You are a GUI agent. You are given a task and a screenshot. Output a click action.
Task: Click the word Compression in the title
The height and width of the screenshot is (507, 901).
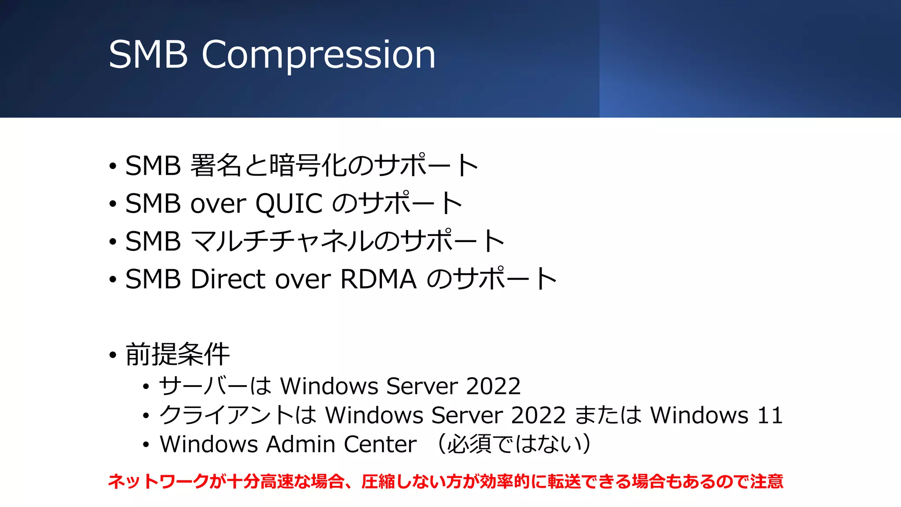click(x=319, y=55)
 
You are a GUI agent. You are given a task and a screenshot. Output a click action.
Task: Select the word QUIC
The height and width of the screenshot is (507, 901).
click(x=289, y=203)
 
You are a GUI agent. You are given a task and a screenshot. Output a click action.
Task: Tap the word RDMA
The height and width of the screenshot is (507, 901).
click(x=378, y=279)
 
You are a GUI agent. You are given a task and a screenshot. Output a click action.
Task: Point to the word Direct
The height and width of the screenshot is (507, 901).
click(x=228, y=279)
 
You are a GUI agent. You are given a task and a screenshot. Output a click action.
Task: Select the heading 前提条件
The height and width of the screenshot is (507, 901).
click(x=177, y=354)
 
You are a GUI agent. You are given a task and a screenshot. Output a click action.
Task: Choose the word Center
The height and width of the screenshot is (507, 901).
click(x=380, y=444)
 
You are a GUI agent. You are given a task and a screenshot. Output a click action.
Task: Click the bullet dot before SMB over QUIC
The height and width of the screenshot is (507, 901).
click(x=113, y=204)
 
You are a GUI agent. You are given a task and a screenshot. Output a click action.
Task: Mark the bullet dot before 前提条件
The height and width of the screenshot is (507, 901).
click(x=113, y=355)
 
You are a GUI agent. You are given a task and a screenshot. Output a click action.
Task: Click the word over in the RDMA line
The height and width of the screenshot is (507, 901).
click(x=303, y=279)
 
